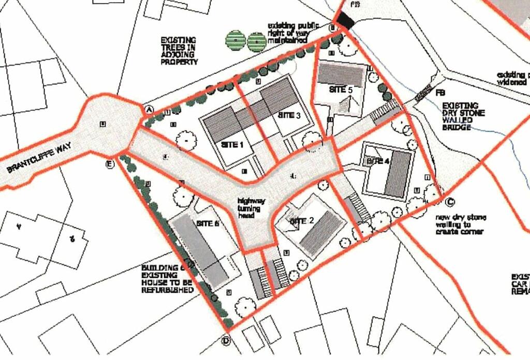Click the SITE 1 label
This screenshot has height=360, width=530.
click(232, 145)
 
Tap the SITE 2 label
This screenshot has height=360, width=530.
click(302, 221)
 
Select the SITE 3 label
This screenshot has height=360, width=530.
click(289, 115)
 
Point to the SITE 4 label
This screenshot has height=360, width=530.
click(378, 161)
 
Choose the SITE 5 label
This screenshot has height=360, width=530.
click(341, 89)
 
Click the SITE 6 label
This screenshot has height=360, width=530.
click(209, 223)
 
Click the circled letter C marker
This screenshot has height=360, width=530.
click(449, 202)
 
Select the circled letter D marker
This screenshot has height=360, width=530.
click(226, 340)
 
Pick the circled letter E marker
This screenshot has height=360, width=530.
click(109, 164)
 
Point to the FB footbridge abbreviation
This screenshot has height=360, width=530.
click(440, 93)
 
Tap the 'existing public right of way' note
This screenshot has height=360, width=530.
click(288, 33)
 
